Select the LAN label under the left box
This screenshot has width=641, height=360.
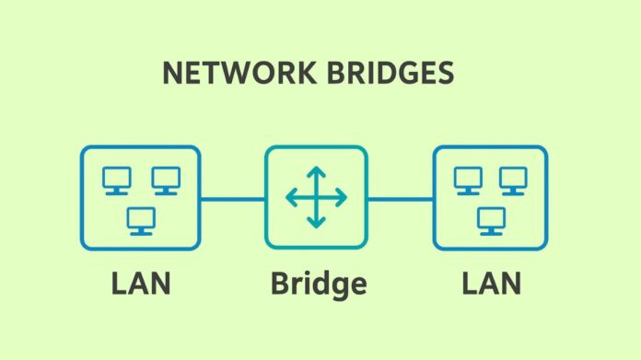click(x=141, y=284)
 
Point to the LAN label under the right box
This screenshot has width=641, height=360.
click(x=491, y=284)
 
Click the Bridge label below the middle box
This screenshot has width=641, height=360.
click(x=317, y=284)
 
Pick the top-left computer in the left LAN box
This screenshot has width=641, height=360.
click(x=116, y=180)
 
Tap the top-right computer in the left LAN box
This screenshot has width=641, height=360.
click(x=166, y=180)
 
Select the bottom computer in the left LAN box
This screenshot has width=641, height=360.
click(x=141, y=220)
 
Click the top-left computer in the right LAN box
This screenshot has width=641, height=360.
click(x=468, y=180)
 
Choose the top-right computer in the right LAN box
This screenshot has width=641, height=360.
click(x=514, y=180)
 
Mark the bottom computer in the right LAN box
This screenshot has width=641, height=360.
click(x=491, y=220)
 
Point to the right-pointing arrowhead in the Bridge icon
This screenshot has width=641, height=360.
click(x=343, y=197)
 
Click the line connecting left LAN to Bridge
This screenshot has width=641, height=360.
click(x=232, y=198)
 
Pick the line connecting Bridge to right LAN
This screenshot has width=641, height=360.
click(x=400, y=198)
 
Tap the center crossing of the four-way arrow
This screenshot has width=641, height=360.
click(x=316, y=197)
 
